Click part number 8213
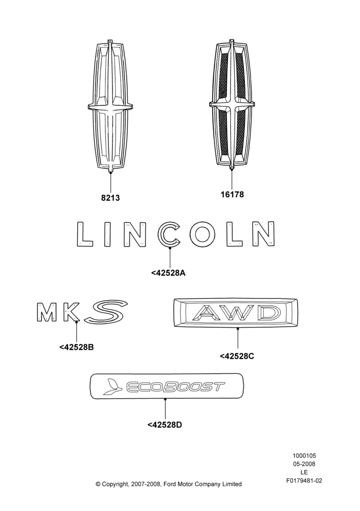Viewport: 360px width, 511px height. [x=110, y=198]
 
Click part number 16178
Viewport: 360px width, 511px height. [x=232, y=194]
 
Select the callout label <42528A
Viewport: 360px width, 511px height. [x=168, y=273]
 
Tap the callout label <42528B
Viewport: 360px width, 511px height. [x=77, y=347]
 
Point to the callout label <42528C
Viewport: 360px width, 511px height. [x=237, y=356]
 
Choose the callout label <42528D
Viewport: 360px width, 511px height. [x=165, y=425]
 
